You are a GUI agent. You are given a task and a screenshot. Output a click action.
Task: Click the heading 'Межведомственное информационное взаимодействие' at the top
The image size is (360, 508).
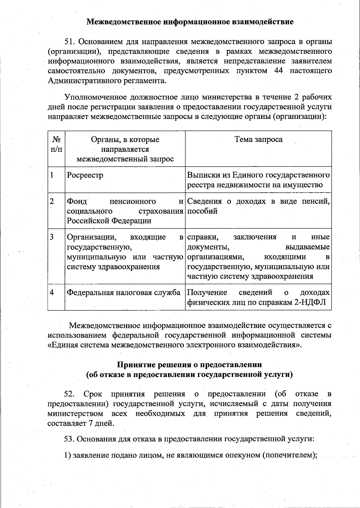tap(190, 22)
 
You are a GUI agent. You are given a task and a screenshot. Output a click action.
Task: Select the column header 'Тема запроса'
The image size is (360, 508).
tap(258, 139)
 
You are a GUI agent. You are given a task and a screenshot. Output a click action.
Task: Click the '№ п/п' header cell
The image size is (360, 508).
tap(56, 144)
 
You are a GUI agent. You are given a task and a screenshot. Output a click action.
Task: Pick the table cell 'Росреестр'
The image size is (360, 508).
tap(85, 175)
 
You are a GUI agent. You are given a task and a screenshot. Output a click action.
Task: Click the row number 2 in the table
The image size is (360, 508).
tap(52, 201)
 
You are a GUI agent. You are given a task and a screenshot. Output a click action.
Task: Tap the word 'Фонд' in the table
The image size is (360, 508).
tap(77, 201)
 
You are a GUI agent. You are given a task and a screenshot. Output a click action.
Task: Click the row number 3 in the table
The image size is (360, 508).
tap(52, 237)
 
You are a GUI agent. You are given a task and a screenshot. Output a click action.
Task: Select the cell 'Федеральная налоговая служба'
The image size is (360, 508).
tap(124, 292)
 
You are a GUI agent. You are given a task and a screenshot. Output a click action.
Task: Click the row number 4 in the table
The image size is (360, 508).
tap(52, 292)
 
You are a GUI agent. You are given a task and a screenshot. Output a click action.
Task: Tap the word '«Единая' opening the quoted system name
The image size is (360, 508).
tap(63, 345)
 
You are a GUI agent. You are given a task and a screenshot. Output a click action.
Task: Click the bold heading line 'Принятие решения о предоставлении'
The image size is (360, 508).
tap(189, 365)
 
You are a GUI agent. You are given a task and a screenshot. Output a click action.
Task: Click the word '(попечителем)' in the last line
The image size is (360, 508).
tap(289, 455)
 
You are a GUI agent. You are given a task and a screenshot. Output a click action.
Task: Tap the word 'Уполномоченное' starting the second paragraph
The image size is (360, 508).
tap(96, 97)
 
